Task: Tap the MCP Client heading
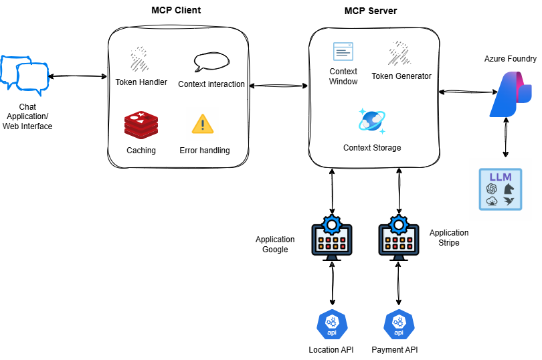[x=176, y=11]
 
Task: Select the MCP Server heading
[x=370, y=11]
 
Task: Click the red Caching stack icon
[x=141, y=126]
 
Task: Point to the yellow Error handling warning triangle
[x=202, y=124]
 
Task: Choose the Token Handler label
[x=141, y=84]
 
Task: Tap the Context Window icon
[x=343, y=52]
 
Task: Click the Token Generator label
[x=401, y=76]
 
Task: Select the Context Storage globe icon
[x=371, y=120]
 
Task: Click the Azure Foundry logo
[x=510, y=94]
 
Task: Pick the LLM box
[x=501, y=189]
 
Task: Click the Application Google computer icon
[x=332, y=238]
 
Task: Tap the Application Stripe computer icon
[x=399, y=238]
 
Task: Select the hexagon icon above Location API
[x=331, y=325]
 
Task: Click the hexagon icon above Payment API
[x=399, y=325]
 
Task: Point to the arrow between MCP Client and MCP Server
[x=277, y=86]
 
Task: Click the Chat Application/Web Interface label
[x=27, y=116]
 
